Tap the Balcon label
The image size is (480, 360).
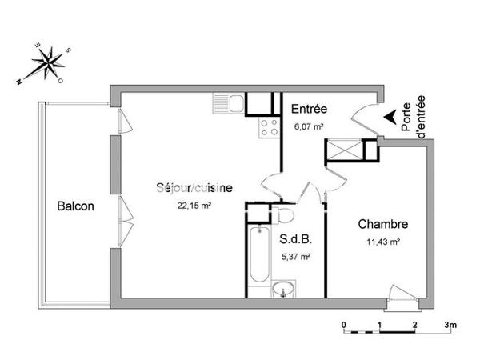pos(75,206)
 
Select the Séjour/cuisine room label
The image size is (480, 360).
pos(194,188)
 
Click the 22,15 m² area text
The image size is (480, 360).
pos(194,205)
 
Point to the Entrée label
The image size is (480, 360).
pos(308,110)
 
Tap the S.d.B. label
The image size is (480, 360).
pos(295,238)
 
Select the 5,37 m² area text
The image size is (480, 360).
pos(295,256)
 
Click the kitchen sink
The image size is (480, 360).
pos(228,102)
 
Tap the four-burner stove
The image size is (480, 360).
pos(270,126)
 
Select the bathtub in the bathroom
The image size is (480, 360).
pos(258,255)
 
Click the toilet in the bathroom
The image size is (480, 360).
pos(286,215)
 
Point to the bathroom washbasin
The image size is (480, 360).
pos(282,290)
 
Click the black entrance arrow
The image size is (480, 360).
pos(390,117)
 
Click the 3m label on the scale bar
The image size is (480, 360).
pos(450,325)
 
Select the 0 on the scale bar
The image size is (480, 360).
pos(343,325)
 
